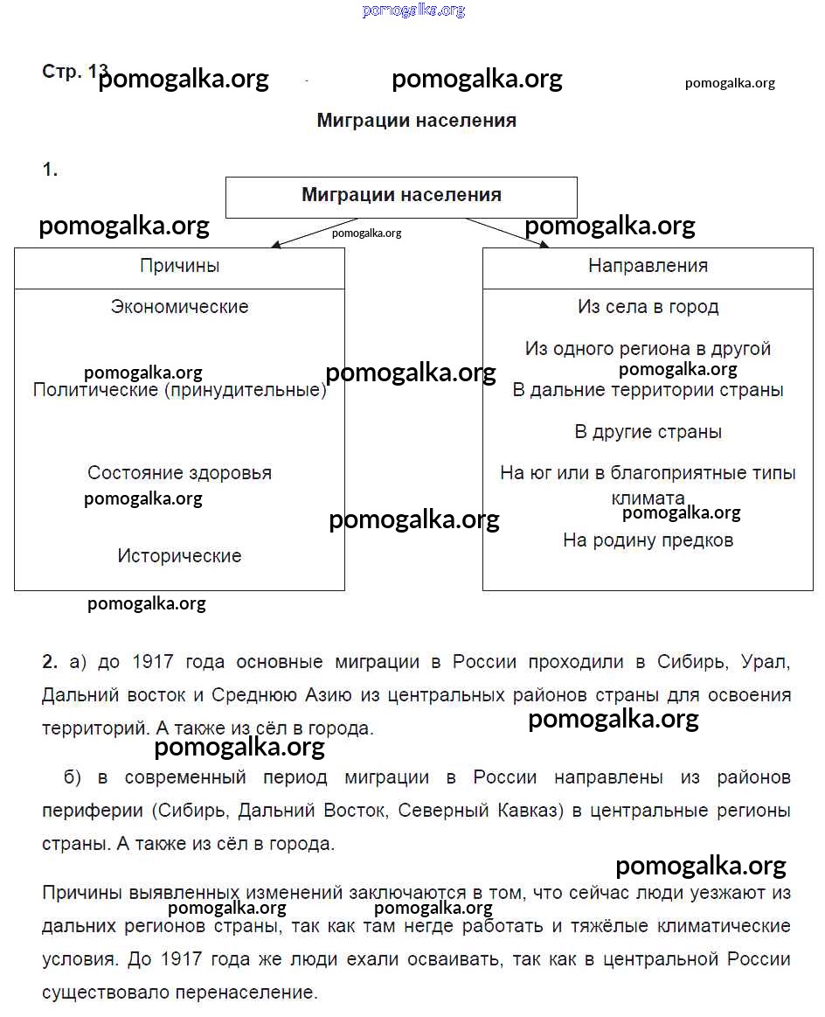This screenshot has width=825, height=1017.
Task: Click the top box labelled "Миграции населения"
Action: click(x=401, y=195)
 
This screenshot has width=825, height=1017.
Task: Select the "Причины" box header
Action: click(x=179, y=266)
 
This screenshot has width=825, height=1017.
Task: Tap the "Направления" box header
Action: click(x=648, y=266)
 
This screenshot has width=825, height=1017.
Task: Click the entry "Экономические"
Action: click(x=179, y=307)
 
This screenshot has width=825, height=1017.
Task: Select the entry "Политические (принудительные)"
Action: click(x=179, y=390)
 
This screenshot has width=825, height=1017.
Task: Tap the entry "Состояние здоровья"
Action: click(x=179, y=473)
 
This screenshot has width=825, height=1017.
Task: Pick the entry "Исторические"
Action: click(x=179, y=556)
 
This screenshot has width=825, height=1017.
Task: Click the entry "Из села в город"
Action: click(x=648, y=307)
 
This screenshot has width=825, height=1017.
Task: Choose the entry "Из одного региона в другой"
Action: click(x=648, y=349)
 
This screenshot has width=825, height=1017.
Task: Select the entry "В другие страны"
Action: click(x=648, y=432)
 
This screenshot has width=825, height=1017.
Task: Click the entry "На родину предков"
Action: click(x=648, y=540)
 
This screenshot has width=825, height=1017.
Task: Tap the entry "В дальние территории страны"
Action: click(x=648, y=390)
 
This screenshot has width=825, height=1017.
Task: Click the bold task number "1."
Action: click(x=50, y=171)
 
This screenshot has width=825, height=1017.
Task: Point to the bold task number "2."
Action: click(x=50, y=662)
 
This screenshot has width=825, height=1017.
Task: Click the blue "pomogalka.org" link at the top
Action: click(x=412, y=10)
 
